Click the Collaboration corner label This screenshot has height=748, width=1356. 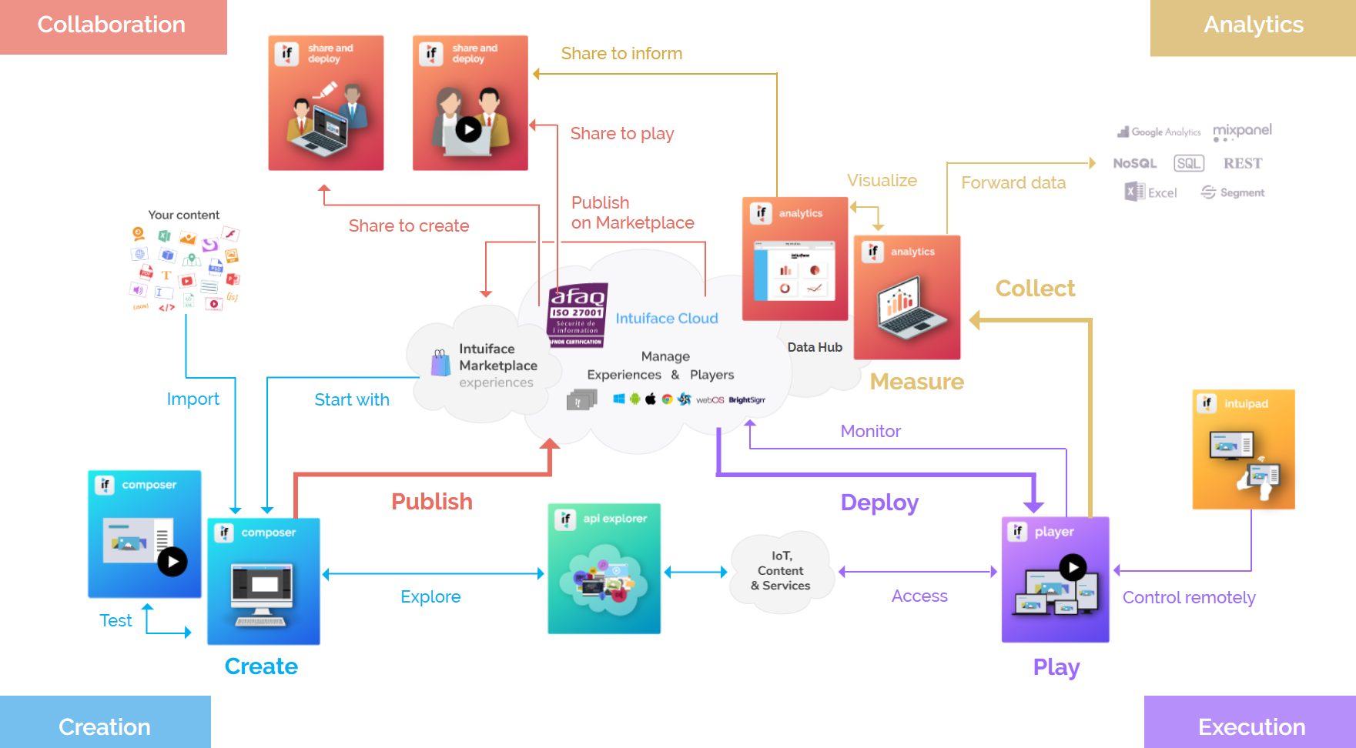tap(112, 25)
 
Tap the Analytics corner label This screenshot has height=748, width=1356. tap(1253, 25)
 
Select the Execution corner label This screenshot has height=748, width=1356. tap(1251, 726)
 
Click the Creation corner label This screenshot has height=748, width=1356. tap(105, 726)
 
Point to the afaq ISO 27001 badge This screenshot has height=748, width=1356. tap(578, 316)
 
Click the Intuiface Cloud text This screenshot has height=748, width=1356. tap(667, 319)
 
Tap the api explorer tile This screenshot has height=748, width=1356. tap(604, 569)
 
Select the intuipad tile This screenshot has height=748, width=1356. tap(1244, 449)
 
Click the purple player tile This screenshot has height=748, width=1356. tap(1055, 579)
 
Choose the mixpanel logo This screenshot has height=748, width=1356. tap(1242, 132)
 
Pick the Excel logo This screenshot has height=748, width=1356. tap(1151, 192)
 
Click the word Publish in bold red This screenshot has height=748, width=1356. tap(432, 502)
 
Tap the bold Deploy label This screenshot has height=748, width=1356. tap(879, 503)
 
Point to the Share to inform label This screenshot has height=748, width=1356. tap(621, 54)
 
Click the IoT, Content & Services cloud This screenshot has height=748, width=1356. tap(781, 571)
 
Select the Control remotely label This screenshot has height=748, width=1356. tap(1189, 598)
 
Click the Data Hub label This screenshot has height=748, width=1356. tap(815, 348)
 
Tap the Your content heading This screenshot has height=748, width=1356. tap(183, 215)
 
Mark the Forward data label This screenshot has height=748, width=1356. tap(1013, 183)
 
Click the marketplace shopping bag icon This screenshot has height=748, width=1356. tap(440, 363)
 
